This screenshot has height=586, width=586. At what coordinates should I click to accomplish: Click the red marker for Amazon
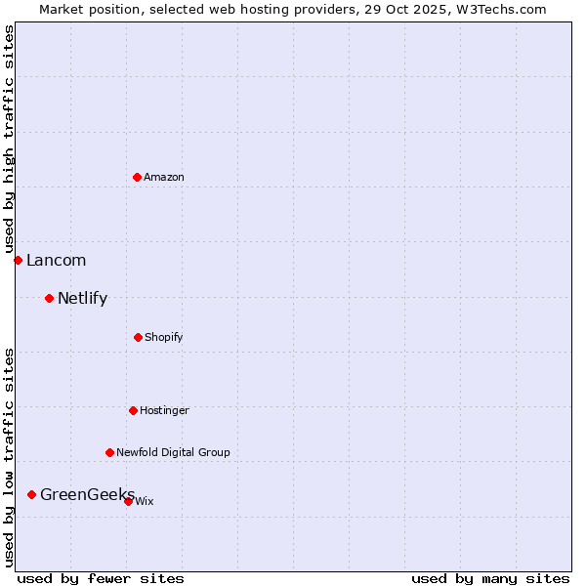pos(137,177)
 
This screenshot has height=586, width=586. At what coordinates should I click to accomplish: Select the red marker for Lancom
pos(18,260)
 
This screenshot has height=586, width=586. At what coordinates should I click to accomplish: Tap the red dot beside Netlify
pos(49,298)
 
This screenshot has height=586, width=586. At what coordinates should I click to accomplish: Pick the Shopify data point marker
pos(138,337)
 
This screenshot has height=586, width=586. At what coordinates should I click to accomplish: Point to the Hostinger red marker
pos(133,410)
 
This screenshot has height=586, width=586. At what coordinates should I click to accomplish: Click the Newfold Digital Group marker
pos(109,452)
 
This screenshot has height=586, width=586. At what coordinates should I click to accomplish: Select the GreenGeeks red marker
pos(31,494)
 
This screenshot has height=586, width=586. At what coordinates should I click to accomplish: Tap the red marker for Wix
pos(128,501)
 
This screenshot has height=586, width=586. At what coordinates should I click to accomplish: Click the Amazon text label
pos(164,177)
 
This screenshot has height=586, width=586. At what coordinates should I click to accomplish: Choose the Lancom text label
pos(56,260)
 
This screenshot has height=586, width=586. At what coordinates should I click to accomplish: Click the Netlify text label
pos(82,298)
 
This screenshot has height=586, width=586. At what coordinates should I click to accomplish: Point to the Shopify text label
pos(164,337)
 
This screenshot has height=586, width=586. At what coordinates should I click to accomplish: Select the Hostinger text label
pos(164,410)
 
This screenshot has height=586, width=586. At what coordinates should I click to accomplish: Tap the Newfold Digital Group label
pos(173,452)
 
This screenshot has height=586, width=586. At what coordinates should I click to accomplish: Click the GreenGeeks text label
pos(86,494)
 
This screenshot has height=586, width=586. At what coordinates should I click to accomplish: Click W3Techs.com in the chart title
pos(497,9)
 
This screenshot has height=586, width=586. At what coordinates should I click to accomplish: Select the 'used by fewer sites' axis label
pos(101,578)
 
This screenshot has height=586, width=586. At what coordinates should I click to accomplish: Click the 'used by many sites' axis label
pos(490,578)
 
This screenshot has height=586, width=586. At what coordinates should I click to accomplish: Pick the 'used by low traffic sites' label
pos(9,457)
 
